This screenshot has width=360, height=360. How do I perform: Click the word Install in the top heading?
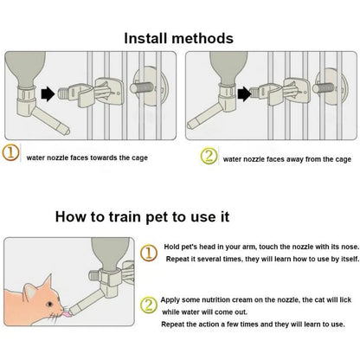click(x=145, y=38)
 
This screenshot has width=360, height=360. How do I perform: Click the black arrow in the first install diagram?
click(x=48, y=94)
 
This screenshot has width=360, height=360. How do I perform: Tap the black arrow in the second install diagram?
click(x=244, y=94)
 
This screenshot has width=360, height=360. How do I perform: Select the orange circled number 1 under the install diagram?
click(x=10, y=153)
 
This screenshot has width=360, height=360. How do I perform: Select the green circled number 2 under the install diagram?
click(x=209, y=156)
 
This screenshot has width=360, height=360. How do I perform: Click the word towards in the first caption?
click(x=104, y=157)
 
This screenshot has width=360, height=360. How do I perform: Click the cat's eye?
click(x=49, y=304)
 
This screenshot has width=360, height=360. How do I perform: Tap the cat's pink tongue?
click(x=67, y=314)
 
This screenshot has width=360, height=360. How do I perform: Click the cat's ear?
click(x=31, y=290)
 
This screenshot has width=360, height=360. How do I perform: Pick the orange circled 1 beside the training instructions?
click(x=149, y=253)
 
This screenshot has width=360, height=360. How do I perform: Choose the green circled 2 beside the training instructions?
click(x=149, y=305)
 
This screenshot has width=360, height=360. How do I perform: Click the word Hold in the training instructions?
click(x=171, y=247)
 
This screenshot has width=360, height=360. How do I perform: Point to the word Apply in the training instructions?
click(x=170, y=300)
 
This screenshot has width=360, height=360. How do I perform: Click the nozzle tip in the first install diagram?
click(x=67, y=132)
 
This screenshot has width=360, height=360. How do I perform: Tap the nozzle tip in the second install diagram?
click(x=190, y=125)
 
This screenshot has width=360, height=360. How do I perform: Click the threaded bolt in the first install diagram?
click(x=141, y=87)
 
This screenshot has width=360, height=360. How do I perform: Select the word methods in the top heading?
click(x=202, y=38)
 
